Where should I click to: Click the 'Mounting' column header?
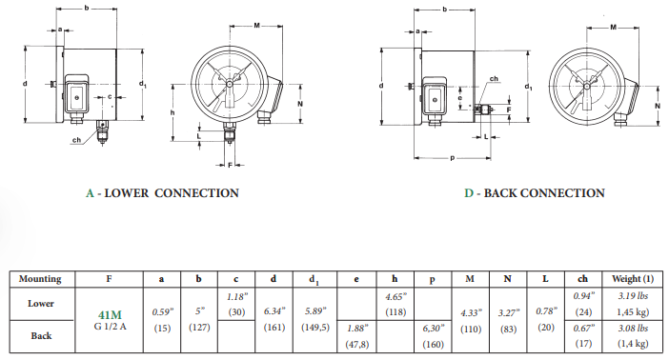coord(40,279)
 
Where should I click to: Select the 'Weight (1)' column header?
coord(632,279)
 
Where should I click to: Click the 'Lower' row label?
coord(40,302)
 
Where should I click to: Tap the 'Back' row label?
coord(40,336)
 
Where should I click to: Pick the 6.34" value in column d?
coord(274,310)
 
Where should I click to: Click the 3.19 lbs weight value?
coord(632,296)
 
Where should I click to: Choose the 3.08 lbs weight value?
coord(632,327)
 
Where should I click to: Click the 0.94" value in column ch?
coord(583,296)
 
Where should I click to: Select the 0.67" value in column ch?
coord(583,327)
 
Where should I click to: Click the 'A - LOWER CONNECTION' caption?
coord(162,193)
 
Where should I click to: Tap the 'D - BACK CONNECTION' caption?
coord(534,193)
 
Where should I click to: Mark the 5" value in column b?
coord(197,310)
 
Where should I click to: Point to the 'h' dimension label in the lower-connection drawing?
coord(172,112)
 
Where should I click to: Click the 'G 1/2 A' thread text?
coord(110,326)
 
